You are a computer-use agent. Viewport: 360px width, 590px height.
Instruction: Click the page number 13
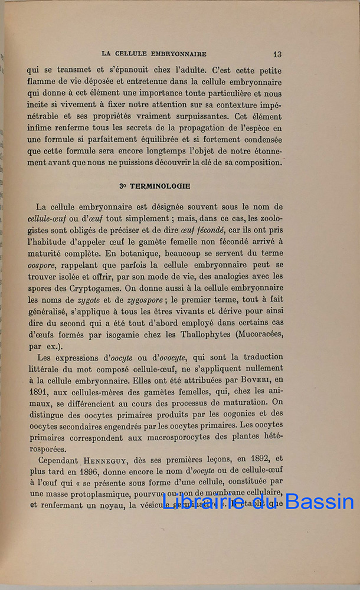pyautogui.click(x=277, y=54)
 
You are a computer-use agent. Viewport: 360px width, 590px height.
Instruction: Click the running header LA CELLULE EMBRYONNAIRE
pyautogui.click(x=154, y=54)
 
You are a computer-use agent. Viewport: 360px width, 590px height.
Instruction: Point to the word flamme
pyautogui.click(x=42, y=83)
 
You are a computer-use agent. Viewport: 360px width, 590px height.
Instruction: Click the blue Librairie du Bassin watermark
pyautogui.click(x=257, y=502)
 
